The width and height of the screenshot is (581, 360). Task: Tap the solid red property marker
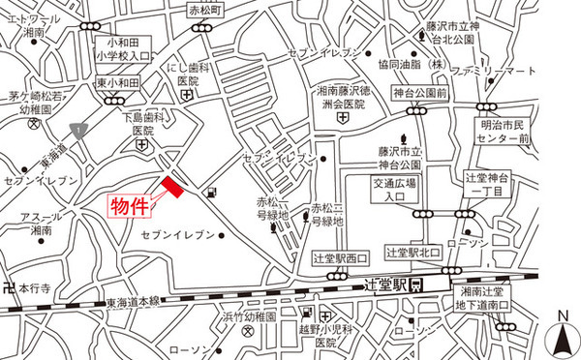tap(172, 189)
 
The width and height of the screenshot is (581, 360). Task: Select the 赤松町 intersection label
tap(204, 9)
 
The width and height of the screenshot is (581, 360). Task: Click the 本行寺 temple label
tap(31, 287)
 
